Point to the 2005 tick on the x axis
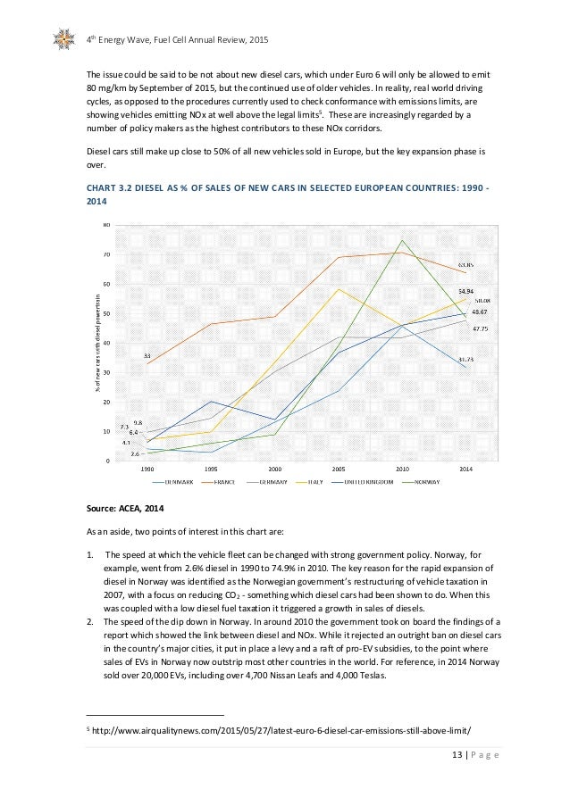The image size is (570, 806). pos(339,468)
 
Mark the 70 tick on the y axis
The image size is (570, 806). pos(106,254)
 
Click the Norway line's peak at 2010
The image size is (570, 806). pos(402,240)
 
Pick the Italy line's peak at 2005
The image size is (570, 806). pos(339,288)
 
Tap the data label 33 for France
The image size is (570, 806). pos(147,355)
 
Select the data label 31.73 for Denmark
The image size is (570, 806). pos(465,359)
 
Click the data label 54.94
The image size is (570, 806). pos(465,291)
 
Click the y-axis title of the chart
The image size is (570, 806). pos(97,343)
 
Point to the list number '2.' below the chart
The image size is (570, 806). pos(90,619)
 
